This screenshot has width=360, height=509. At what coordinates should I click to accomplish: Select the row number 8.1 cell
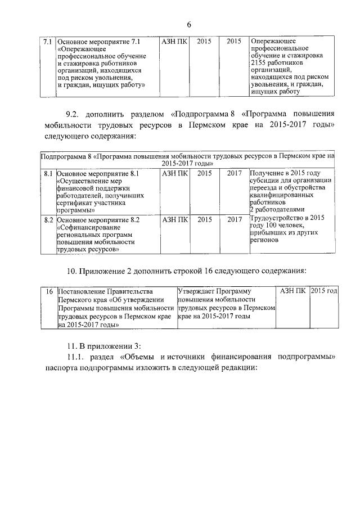tap(48, 174)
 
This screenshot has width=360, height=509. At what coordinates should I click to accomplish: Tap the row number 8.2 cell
tap(48, 220)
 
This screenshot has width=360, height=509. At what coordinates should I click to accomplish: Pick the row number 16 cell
tap(48, 291)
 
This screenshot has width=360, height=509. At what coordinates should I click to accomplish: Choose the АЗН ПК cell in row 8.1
tap(174, 174)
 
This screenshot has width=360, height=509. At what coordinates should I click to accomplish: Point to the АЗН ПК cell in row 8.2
tap(174, 220)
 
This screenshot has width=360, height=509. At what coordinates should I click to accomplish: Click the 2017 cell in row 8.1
tap(234, 174)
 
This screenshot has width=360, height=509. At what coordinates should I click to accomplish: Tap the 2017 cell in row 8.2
tap(234, 220)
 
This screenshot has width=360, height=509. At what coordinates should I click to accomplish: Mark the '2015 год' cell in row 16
tap(324, 291)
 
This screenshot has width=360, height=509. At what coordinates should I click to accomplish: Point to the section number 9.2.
tap(74, 113)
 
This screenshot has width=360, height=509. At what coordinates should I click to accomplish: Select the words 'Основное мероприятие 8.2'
tap(98, 220)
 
